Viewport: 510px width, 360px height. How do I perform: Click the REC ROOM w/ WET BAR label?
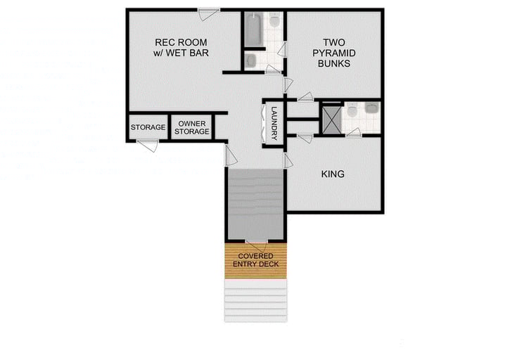click(181, 46)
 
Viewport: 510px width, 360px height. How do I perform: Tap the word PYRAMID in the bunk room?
click(334, 53)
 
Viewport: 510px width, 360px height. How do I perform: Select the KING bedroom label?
click(333, 174)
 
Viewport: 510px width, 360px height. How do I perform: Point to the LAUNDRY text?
click(274, 124)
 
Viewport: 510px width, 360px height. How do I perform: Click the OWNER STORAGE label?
click(191, 127)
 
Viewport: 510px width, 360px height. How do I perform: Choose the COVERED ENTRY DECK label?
click(256, 259)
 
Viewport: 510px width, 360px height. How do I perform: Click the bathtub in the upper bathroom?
click(254, 28)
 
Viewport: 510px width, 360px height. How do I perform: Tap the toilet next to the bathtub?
click(274, 21)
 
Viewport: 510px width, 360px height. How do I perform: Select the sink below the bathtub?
click(251, 60)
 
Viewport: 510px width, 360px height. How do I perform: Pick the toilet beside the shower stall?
click(352, 110)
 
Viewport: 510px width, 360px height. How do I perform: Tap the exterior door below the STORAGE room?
click(147, 145)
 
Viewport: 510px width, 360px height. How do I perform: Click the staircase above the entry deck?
click(255, 204)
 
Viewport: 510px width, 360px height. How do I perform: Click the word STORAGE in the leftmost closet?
click(148, 127)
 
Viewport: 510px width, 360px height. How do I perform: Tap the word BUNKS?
click(334, 63)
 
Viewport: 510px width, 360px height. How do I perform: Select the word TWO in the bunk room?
click(334, 41)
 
